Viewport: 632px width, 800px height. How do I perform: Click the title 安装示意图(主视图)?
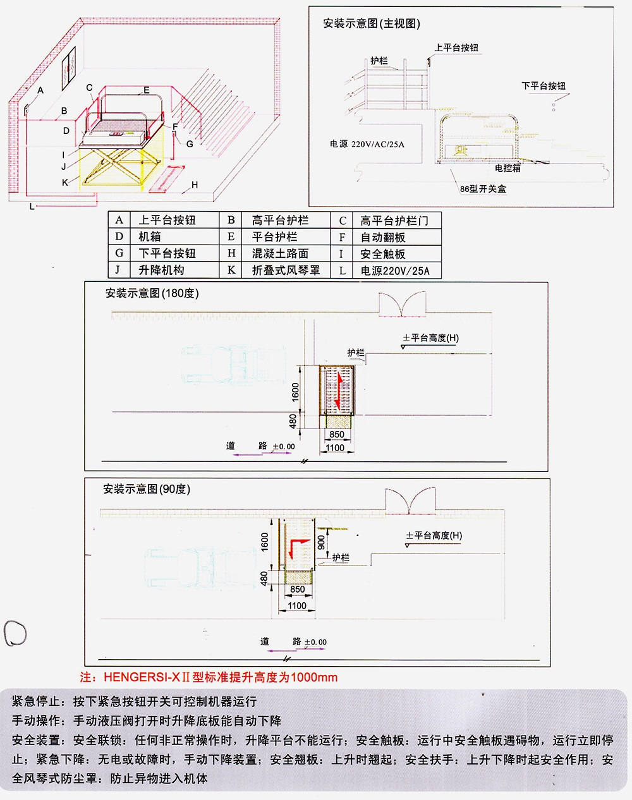(371, 24)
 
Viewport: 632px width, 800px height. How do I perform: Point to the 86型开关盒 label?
(483, 188)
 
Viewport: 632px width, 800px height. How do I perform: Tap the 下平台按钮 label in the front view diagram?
(543, 86)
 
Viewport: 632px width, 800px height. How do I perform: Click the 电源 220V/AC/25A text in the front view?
(367, 144)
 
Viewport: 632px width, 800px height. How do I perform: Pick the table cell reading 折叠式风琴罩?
(286, 270)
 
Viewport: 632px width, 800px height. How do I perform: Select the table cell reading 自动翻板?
(382, 237)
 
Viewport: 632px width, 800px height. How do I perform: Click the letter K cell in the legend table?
(231, 270)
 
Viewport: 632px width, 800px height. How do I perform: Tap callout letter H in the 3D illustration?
(195, 185)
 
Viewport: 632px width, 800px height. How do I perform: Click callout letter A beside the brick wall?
(40, 90)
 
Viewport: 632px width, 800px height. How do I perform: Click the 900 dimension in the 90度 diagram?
(321, 542)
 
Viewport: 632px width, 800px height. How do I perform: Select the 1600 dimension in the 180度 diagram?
(295, 392)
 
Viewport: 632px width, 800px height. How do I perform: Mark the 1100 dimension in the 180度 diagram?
(334, 448)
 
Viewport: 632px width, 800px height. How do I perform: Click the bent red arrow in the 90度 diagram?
(298, 546)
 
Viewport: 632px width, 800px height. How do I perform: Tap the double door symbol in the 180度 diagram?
(402, 304)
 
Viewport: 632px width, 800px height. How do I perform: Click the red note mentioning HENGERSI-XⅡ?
(209, 677)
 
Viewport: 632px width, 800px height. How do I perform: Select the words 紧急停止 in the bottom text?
(37, 701)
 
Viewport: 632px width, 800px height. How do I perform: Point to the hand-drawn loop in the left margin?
(15, 633)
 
